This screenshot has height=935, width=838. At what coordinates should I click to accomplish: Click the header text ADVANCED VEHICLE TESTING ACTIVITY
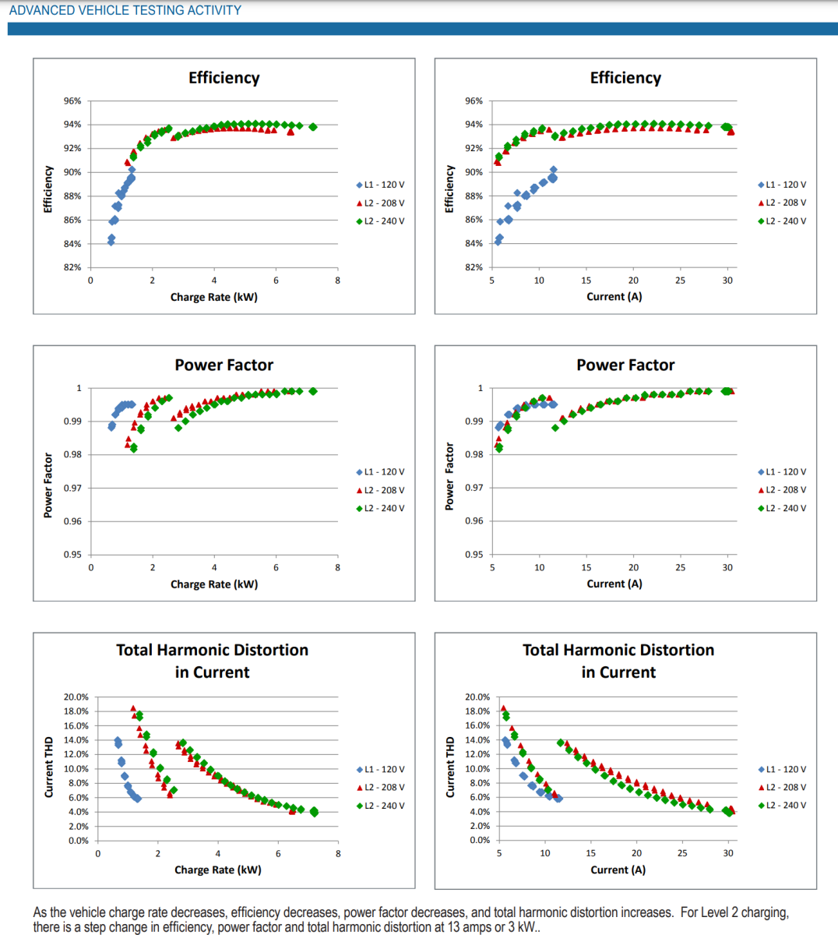[x=125, y=10]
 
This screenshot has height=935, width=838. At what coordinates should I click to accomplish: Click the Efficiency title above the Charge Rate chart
[x=224, y=78]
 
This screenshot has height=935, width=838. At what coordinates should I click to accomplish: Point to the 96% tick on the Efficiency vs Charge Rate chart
[x=72, y=101]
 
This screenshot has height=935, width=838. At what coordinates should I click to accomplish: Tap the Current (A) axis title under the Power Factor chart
[x=614, y=584]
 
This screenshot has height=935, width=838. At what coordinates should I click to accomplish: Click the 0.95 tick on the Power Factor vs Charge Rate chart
[x=72, y=555]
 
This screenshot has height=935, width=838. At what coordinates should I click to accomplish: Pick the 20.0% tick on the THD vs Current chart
[x=477, y=697]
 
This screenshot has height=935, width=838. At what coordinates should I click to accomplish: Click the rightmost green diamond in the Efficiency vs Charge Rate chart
[x=313, y=127]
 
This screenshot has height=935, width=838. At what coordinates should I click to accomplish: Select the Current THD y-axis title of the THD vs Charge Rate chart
[x=49, y=767]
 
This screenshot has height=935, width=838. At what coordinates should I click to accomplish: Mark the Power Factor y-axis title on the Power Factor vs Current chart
[x=449, y=477]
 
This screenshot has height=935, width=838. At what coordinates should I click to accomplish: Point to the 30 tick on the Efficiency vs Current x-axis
[x=727, y=280]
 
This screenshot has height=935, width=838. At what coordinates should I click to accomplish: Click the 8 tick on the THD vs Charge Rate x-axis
[x=338, y=854]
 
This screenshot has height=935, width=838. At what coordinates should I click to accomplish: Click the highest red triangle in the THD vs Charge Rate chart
[x=133, y=708]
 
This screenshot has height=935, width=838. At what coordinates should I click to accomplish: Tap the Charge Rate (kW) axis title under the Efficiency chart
[x=214, y=297]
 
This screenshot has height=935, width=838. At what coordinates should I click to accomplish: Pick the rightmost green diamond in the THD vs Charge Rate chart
[x=314, y=812]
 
